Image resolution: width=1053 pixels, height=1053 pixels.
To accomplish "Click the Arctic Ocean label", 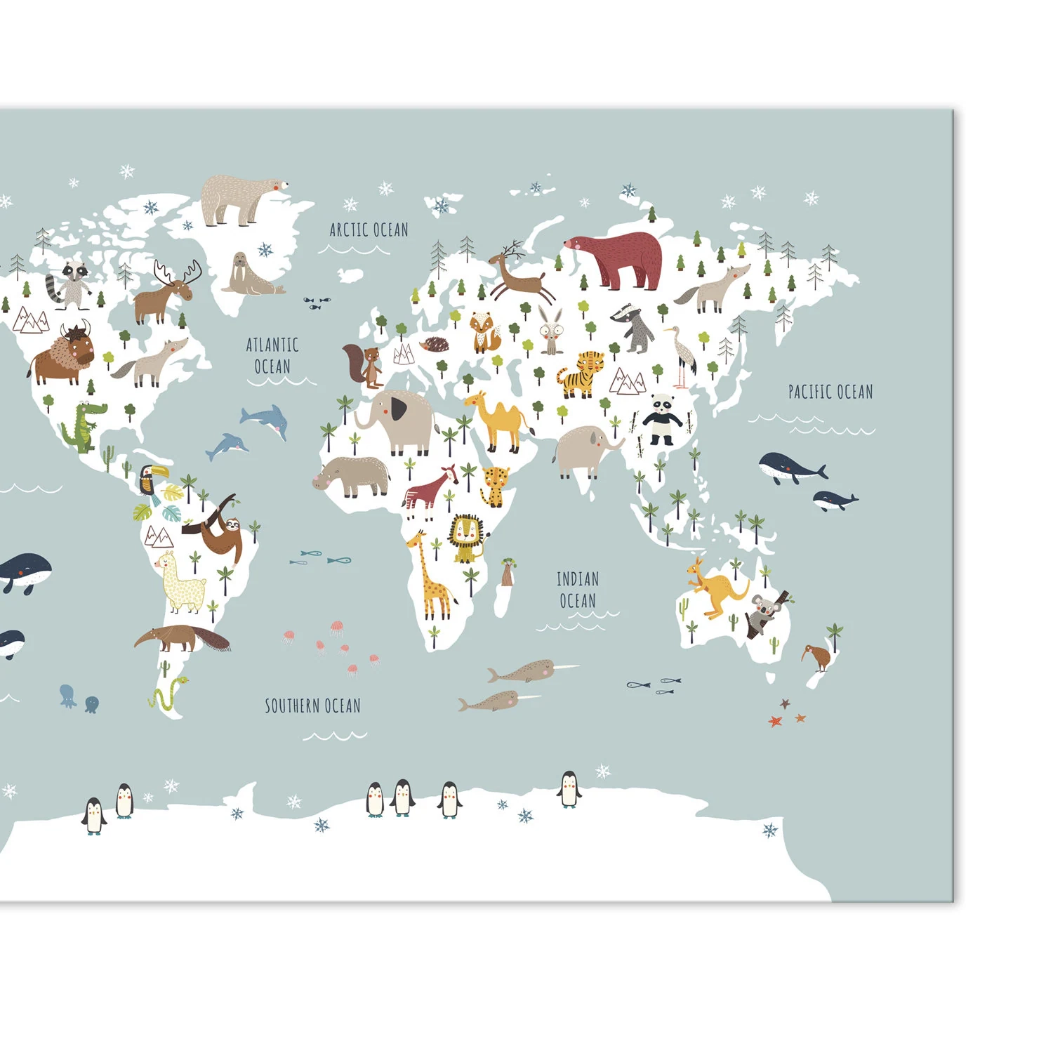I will click(369, 230).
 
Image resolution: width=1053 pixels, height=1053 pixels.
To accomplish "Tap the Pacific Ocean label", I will click(830, 392).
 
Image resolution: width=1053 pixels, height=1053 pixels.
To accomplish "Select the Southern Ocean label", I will click(312, 706).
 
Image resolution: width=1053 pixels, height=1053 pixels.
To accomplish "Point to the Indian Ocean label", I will click(577, 590).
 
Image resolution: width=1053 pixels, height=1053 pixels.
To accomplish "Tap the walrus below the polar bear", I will click(249, 275).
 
